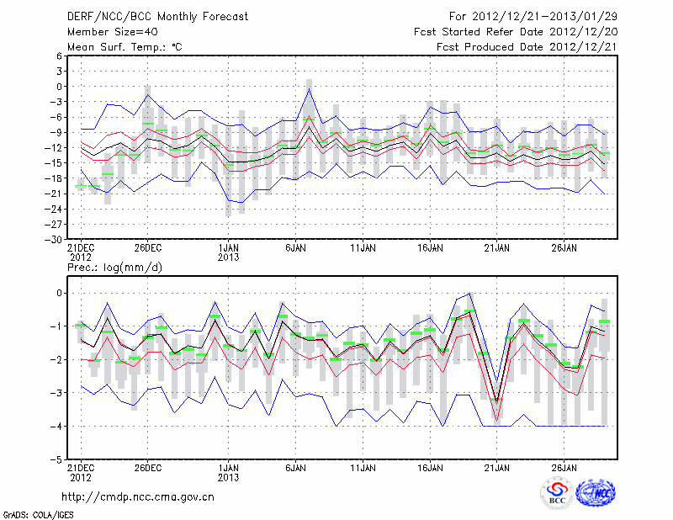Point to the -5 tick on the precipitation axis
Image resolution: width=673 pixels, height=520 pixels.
click(58, 460)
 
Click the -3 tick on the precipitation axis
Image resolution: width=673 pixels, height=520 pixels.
click(58, 393)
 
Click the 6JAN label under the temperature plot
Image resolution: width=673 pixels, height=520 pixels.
click(294, 249)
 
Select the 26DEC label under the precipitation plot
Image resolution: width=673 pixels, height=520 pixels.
click(147, 468)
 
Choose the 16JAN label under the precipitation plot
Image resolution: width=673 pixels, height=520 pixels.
click(430, 468)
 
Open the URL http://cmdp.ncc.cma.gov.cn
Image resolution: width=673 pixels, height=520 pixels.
click(138, 496)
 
